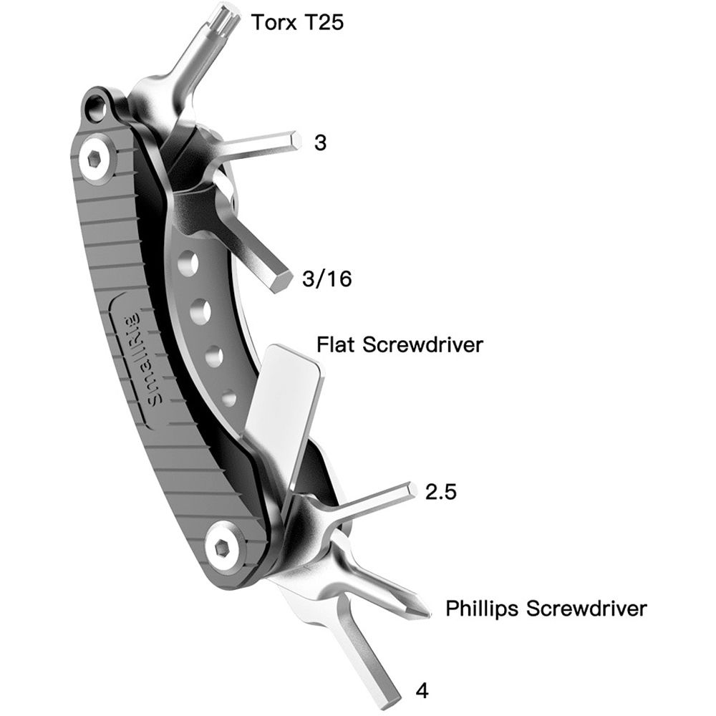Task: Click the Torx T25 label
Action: pos(297,22)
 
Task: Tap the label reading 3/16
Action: pos(327,279)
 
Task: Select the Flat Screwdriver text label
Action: pos(400,344)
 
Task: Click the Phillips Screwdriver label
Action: pos(546,609)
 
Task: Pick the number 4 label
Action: pos(422,691)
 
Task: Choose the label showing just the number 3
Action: pos(320,142)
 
